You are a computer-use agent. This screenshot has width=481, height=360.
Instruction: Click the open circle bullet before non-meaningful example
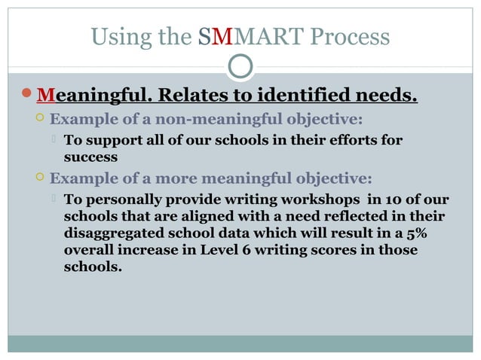coord(40,120)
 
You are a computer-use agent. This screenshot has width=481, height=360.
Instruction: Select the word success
coord(90,158)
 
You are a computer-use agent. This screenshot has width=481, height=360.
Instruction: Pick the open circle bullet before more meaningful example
coord(40,178)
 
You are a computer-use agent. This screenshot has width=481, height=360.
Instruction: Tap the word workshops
coord(305,200)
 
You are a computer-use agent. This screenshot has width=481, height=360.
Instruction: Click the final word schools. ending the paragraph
coord(91,267)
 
